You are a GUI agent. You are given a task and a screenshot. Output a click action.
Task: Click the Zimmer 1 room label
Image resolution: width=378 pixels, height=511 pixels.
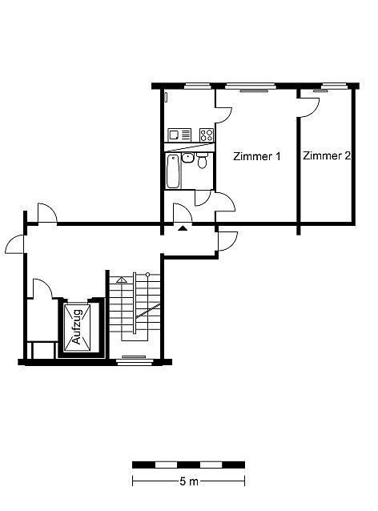click(x=257, y=156)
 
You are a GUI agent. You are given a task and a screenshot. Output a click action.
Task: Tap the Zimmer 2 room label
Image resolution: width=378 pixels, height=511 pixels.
click(x=327, y=155)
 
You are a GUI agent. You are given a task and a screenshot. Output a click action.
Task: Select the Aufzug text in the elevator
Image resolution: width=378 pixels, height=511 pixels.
click(x=77, y=327)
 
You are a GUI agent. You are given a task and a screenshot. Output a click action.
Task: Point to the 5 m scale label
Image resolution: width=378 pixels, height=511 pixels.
click(x=189, y=481)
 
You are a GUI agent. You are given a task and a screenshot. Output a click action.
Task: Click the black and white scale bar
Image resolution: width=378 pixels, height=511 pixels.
click(x=188, y=465)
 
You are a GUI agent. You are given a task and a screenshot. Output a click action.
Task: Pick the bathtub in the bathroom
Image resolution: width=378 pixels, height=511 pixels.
click(x=173, y=171)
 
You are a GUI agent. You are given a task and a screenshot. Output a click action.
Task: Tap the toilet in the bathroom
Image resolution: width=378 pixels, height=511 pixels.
click(x=203, y=160)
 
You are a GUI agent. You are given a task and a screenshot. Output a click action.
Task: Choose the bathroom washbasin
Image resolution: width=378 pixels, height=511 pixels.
click(x=187, y=158)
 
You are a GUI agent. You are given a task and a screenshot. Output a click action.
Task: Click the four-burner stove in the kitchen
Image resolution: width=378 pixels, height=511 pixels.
click(x=207, y=135)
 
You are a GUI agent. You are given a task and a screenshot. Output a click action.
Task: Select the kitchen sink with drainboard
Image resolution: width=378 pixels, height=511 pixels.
click(x=179, y=135)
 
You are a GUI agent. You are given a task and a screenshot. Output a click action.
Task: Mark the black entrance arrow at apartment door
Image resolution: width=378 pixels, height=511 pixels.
click(x=183, y=228)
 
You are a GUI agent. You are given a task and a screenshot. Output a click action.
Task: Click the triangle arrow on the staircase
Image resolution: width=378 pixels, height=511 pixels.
click(x=122, y=280)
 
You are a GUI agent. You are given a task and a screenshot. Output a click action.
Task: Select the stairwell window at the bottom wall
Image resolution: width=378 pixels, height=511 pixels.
click(x=135, y=360)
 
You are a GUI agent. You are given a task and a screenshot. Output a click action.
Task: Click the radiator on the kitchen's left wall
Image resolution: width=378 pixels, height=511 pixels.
click(x=166, y=97)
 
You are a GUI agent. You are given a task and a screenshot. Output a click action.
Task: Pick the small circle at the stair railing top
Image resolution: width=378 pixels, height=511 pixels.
click(x=147, y=275)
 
